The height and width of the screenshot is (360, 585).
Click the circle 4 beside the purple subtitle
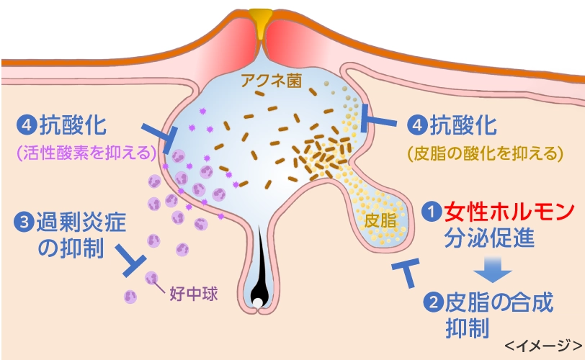click(x=27, y=125)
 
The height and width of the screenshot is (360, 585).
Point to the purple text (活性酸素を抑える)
click(x=85, y=152)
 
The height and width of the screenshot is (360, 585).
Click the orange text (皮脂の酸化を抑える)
click(x=484, y=152)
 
